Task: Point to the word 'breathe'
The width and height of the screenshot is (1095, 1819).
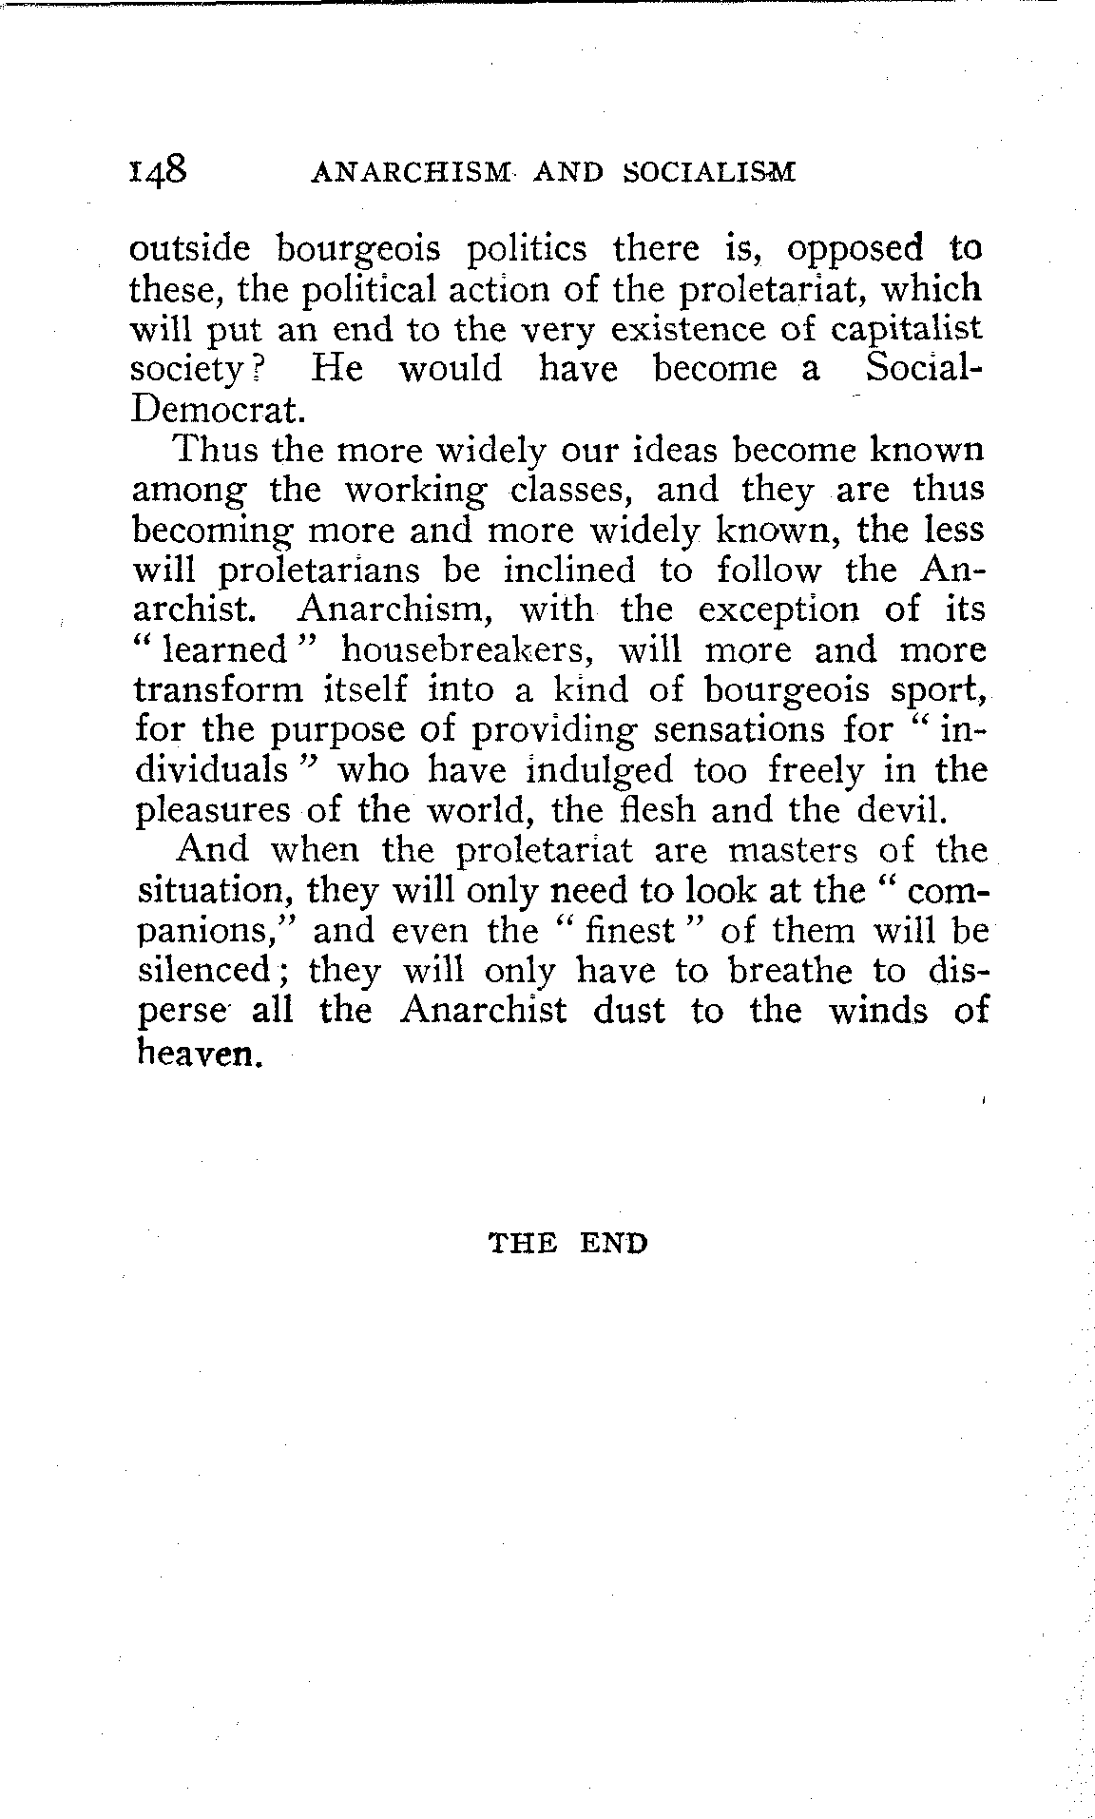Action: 788,970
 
